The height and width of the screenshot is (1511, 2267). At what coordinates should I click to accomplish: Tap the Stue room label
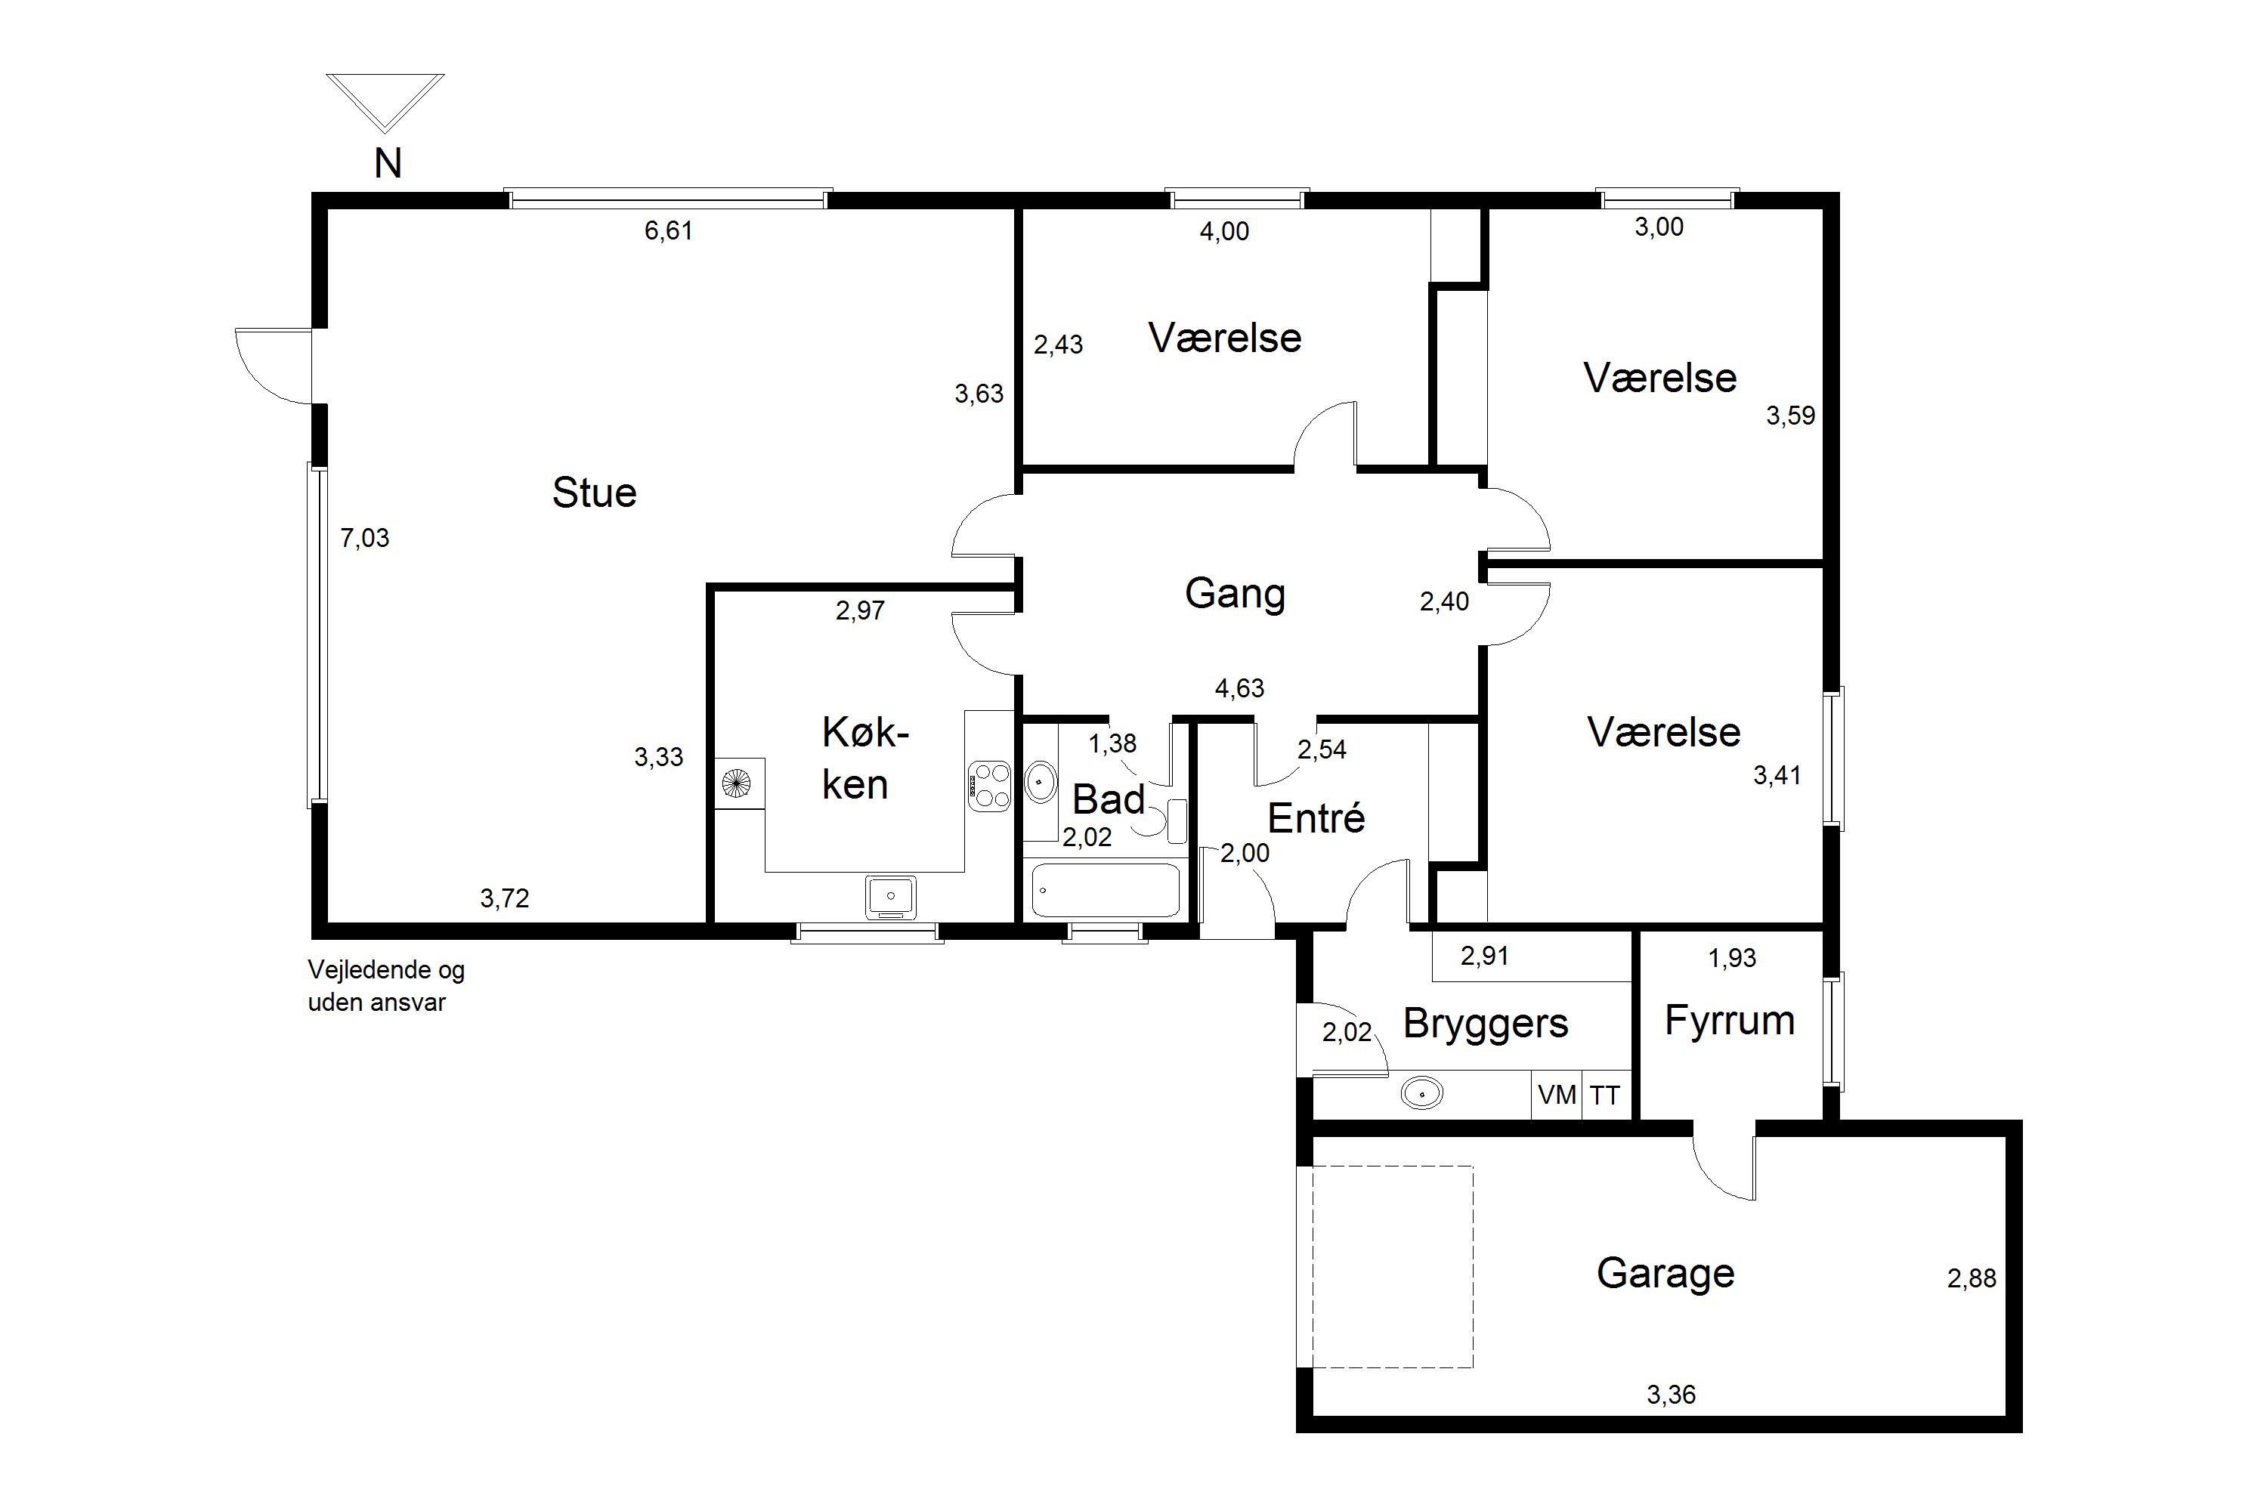coord(594,493)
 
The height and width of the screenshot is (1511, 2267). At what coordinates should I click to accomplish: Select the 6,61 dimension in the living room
coord(668,230)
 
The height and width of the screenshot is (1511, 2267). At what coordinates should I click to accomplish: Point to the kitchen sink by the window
coord(891,896)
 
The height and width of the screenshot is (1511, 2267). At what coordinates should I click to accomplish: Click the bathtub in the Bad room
coord(1106,889)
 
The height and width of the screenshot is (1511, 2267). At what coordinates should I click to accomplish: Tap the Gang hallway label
coord(1235,594)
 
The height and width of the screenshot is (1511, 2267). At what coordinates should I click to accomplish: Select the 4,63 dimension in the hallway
coord(1239,688)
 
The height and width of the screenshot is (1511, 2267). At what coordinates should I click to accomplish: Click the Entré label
coord(1316,817)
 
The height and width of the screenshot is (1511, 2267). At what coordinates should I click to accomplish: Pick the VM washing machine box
coord(1557,1095)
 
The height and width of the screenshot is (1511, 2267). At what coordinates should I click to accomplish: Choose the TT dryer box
coord(1606,1095)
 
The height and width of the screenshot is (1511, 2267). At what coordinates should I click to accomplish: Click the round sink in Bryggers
coord(1421,1094)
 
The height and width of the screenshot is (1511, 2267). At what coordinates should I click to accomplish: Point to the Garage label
coord(1665,1273)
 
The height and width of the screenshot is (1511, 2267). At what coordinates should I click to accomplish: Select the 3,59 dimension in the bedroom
coord(1790,416)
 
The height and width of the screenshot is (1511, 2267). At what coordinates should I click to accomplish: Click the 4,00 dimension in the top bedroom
coord(1224,231)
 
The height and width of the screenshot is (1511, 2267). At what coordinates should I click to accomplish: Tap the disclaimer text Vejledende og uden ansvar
coord(385,986)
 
